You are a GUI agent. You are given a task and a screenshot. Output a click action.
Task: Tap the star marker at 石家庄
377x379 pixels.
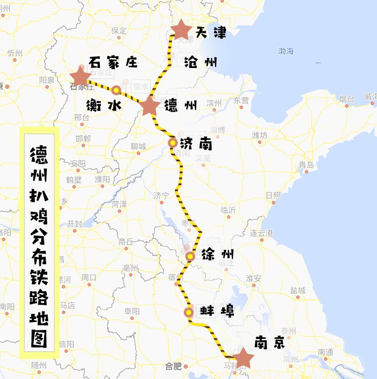(80, 77)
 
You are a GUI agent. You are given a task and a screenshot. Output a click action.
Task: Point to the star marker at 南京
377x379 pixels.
(243, 358)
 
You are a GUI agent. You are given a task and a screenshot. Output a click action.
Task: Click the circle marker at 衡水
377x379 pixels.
(116, 90)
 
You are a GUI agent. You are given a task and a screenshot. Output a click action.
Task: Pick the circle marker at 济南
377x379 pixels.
(172, 143)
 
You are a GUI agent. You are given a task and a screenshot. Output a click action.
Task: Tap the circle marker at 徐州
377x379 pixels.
(190, 256)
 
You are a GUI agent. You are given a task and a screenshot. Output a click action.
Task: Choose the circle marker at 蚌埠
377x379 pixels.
(189, 313)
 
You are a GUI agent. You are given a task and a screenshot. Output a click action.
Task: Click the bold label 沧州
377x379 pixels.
(200, 62)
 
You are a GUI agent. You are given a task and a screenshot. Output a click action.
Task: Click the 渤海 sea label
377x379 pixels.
(286, 51)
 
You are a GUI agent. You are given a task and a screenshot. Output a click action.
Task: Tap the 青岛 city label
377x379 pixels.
(306, 165)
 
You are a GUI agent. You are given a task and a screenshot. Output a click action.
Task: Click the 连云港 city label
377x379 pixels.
(262, 233)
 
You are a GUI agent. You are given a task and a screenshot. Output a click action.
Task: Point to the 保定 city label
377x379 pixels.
(119, 30)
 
